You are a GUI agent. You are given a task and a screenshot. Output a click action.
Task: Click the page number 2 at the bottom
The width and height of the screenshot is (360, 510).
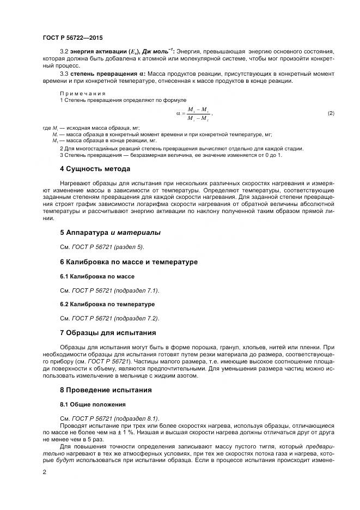tap(44, 473)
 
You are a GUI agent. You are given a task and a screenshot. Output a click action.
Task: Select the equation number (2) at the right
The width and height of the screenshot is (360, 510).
tap(331, 113)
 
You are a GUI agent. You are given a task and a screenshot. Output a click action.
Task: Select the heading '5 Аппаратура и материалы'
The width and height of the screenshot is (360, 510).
tap(110, 233)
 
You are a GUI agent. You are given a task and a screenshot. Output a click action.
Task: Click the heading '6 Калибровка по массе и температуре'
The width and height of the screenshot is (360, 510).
tap(129, 262)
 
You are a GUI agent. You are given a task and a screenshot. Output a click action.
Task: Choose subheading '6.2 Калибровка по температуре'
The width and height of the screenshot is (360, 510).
tap(107, 303)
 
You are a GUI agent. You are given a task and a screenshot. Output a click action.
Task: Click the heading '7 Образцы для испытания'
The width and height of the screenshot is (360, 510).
tap(108, 332)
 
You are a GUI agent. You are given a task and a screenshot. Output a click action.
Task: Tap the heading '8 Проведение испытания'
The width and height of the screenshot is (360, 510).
tap(106, 390)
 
